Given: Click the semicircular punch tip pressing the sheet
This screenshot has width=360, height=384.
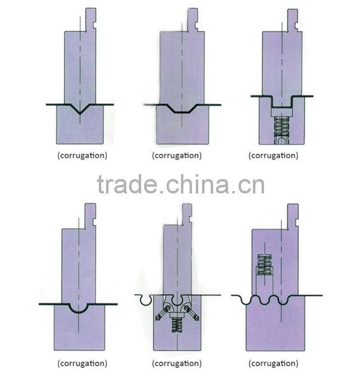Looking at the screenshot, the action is [78, 308].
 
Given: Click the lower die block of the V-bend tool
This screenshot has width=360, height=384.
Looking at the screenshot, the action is [80, 130].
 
